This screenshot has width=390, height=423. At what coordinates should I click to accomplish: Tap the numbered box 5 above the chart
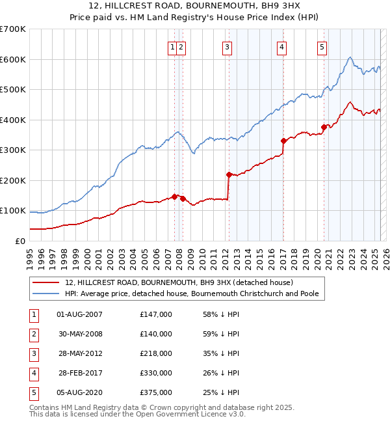tap(322, 46)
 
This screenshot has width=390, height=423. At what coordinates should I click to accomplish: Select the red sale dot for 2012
tap(229, 174)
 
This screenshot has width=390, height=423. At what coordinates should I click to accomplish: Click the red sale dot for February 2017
tap(283, 141)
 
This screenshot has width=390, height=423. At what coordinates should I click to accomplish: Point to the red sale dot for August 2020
tap(323, 127)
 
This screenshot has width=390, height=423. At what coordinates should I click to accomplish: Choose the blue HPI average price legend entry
tap(191, 293)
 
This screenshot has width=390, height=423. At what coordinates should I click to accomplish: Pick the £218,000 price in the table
tap(156, 353)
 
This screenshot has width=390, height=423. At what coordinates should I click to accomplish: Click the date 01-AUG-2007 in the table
tap(80, 314)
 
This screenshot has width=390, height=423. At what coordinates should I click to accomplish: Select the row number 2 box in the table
tap(32, 334)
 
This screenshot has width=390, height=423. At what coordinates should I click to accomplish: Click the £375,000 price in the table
tap(156, 392)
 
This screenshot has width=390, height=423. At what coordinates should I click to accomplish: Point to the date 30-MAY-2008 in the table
tap(80, 334)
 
